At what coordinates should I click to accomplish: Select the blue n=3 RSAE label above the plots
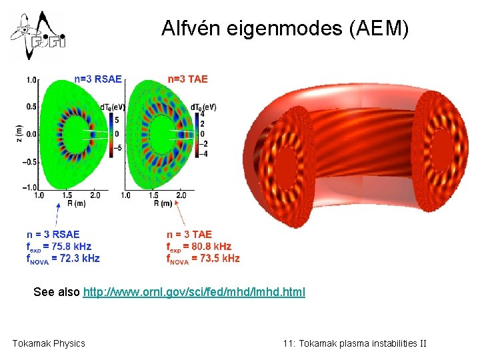coord(98,79)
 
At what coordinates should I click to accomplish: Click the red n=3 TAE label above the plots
coord(187,79)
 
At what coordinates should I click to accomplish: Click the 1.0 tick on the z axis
coord(31,80)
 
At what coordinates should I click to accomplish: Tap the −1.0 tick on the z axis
coord(30,189)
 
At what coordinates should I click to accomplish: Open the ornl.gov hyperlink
coord(194,292)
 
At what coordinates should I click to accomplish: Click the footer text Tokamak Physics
coord(49,343)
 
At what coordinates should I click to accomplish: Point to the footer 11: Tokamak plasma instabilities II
coord(355,343)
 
